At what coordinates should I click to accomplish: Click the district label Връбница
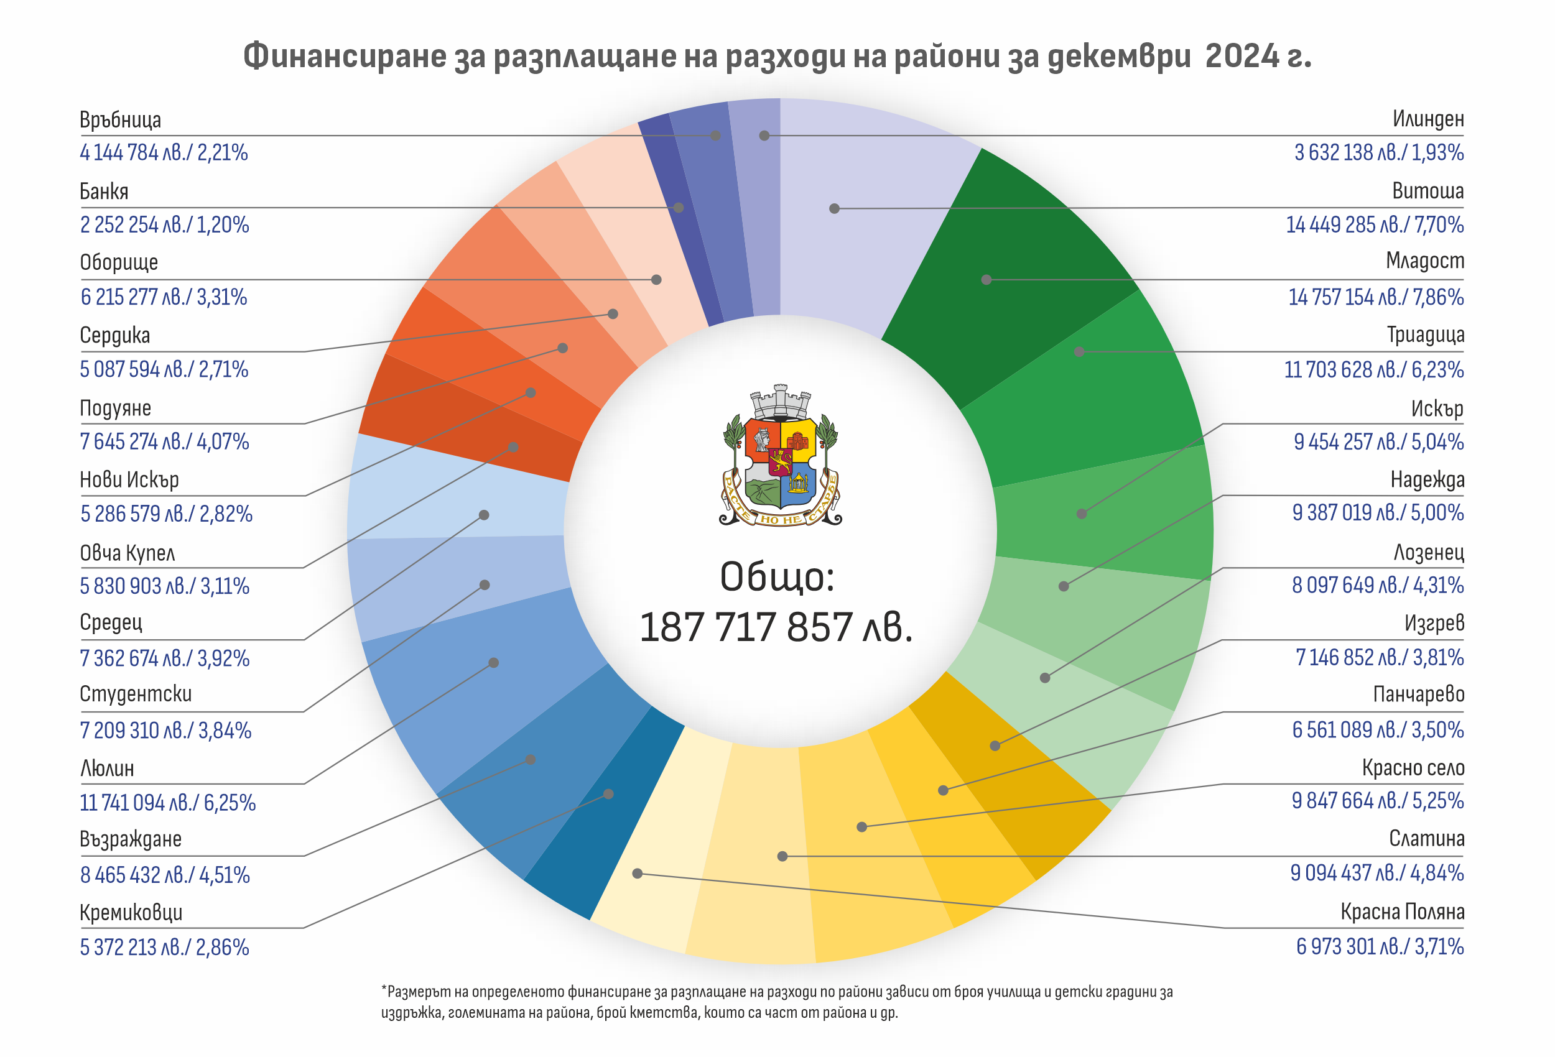[x=121, y=120]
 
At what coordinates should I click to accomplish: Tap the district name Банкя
[x=104, y=192]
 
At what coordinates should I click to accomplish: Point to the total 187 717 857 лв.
[x=776, y=627]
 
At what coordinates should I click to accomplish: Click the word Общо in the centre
[x=776, y=576]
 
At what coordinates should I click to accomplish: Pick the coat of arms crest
[x=780, y=456]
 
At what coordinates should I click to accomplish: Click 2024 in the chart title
[x=1241, y=55]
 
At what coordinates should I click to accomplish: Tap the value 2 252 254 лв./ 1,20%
[x=165, y=225]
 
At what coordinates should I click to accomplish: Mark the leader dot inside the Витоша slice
[x=834, y=209]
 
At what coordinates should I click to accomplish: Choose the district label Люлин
[x=107, y=768]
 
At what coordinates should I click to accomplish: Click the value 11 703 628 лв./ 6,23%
[x=1373, y=369]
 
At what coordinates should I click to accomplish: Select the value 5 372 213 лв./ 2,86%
[x=165, y=948]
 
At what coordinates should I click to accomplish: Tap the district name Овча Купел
[x=127, y=553]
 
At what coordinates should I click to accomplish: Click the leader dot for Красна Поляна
[x=638, y=873]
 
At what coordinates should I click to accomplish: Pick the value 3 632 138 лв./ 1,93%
[x=1378, y=152]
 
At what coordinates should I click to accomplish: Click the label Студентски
[x=136, y=694]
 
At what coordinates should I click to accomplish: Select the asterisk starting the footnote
[x=384, y=989]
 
